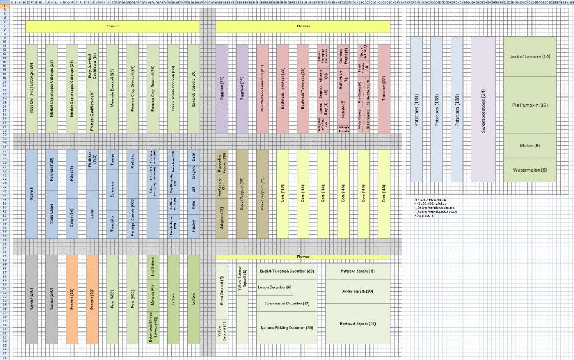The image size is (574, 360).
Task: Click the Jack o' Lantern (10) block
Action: (530, 57)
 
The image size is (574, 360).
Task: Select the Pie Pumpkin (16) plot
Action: (530, 105)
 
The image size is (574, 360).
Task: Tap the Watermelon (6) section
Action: (530, 170)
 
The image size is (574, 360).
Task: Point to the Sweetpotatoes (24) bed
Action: (483, 109)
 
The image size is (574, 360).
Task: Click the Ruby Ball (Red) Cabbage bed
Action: (31, 89)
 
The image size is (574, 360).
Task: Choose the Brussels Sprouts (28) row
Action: (193, 89)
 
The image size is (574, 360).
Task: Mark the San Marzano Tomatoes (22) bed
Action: (262, 89)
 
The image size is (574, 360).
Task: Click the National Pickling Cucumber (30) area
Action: (286, 327)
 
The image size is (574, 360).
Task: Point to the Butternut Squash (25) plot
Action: (358, 324)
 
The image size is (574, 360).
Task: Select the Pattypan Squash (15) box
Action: (358, 271)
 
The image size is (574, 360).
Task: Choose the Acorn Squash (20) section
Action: (358, 291)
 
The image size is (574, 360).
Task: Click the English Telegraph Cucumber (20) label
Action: (287, 271)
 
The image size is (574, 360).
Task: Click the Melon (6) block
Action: (530, 146)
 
